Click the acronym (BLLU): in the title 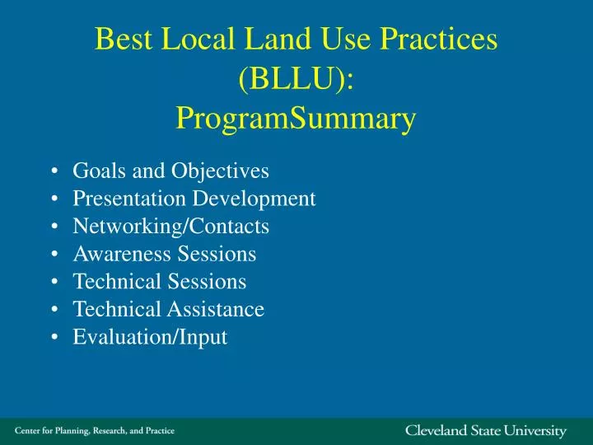coord(296,79)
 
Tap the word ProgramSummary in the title coord(296,120)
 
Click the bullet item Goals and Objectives coord(170,171)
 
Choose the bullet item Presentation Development coord(194,199)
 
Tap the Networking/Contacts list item coord(170,226)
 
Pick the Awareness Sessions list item coord(164,254)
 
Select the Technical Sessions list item coord(159,282)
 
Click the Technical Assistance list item coord(168,309)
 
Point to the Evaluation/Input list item coord(150,337)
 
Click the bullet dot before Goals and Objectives coord(54,171)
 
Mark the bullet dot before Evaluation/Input coord(54,338)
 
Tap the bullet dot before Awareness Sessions coord(54,255)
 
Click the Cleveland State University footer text coord(486,431)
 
